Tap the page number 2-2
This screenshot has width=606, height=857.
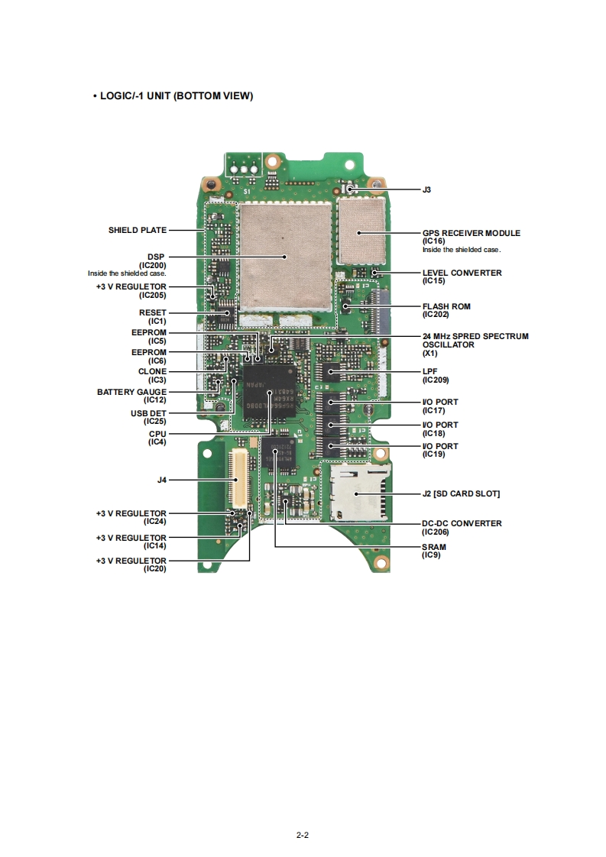point(303,835)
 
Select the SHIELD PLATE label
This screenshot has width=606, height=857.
point(138,230)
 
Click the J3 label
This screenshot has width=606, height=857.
point(427,189)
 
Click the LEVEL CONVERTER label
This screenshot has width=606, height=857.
point(462,273)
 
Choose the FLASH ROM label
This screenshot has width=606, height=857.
point(446,306)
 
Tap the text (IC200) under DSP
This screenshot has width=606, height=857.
point(152,265)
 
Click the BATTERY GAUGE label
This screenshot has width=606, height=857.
point(131,392)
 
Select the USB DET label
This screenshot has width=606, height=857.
point(148,413)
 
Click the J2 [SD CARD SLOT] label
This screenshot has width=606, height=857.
point(462,494)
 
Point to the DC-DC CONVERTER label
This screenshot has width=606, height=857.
point(462,523)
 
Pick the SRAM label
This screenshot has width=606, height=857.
point(435,547)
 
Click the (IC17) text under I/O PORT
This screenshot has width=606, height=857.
point(434,410)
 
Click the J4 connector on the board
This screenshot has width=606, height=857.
point(239,479)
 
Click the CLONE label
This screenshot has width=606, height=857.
point(152,371)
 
